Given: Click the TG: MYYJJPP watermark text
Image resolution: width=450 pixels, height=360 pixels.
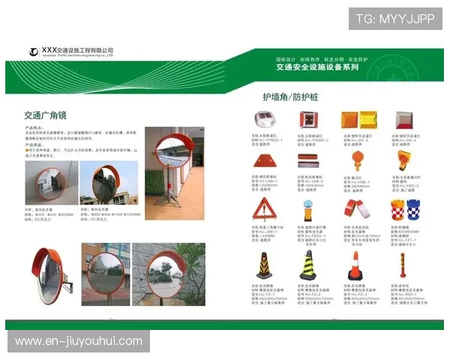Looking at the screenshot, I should pos(394,19).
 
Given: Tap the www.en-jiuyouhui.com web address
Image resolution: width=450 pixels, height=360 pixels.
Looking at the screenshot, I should pos(78,341).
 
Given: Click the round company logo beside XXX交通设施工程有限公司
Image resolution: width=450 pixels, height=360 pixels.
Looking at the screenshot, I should pos(34,51).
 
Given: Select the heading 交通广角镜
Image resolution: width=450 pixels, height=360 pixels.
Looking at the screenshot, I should pos(46,115).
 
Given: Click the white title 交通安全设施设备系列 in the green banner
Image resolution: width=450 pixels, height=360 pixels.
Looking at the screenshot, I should pos(317,67).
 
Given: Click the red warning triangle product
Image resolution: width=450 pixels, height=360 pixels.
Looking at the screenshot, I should pos(262,208).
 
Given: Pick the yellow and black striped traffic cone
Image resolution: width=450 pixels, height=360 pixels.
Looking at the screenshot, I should pos(307,265).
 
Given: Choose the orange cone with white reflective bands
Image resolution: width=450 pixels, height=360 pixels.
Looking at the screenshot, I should pos(355,266).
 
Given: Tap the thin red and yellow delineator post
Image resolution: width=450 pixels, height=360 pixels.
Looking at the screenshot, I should pos(402,265).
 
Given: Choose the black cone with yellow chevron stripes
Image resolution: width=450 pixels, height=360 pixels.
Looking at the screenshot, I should pos(263,265).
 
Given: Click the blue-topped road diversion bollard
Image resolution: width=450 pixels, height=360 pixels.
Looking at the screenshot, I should pos(307,208).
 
